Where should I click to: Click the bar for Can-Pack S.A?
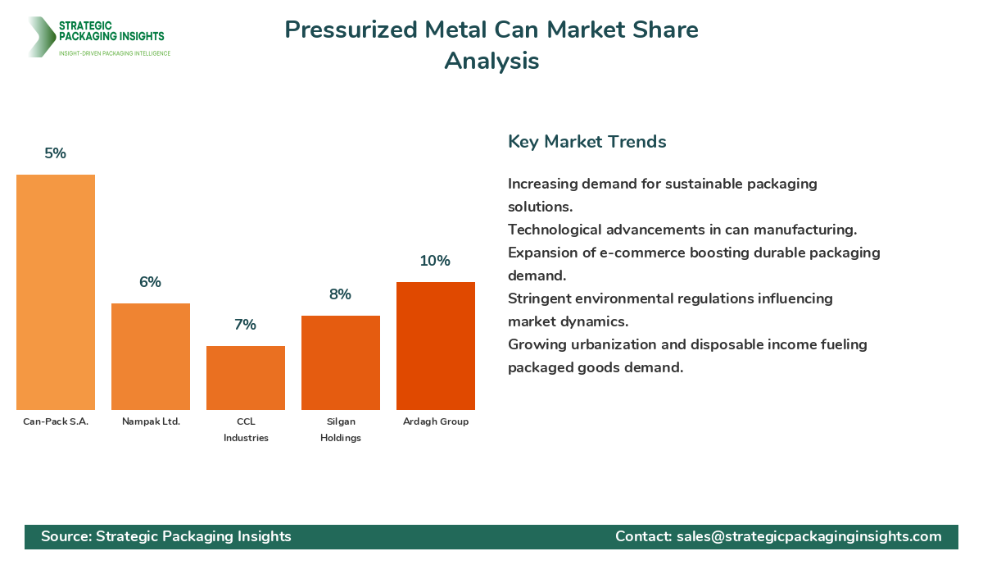click(56, 292)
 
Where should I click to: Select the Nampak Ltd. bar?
click(151, 357)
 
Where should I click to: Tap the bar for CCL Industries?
click(246, 378)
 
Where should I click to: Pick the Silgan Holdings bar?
click(341, 362)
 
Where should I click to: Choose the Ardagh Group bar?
click(436, 346)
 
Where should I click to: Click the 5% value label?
click(56, 153)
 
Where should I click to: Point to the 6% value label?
click(151, 282)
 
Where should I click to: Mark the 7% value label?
click(246, 325)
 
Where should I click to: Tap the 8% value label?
click(341, 294)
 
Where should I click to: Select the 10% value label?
click(436, 261)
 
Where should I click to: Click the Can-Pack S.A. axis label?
click(56, 421)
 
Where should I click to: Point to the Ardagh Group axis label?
click(436, 421)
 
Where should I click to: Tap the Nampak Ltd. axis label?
click(151, 421)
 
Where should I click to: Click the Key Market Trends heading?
click(587, 142)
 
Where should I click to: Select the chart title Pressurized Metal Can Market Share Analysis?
click(491, 45)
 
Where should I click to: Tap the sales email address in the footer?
click(809, 536)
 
